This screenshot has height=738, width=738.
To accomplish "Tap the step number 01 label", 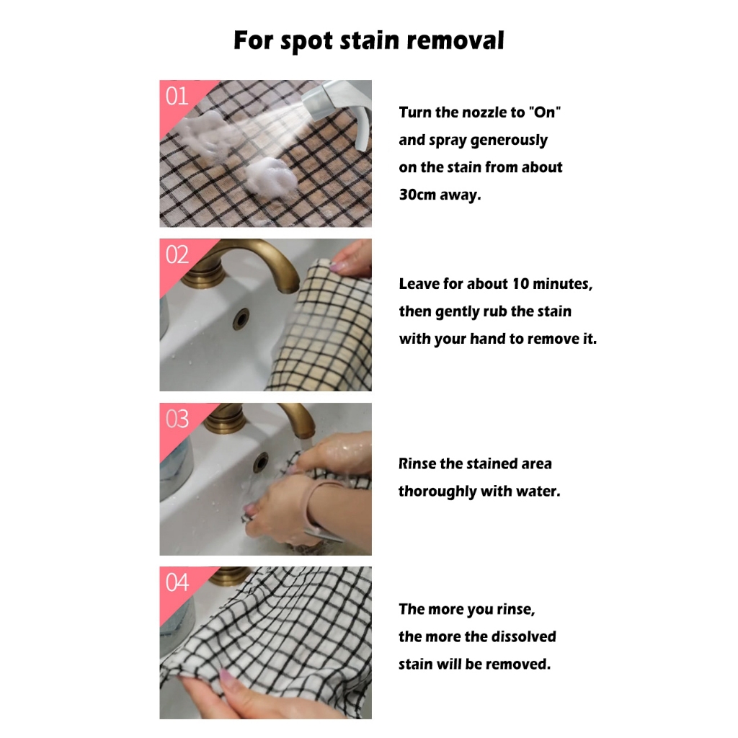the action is point(177,96).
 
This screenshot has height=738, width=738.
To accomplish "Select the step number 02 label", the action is point(177,254).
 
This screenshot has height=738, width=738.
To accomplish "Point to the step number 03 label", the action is point(177,419).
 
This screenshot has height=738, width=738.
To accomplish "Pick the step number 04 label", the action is point(177,582).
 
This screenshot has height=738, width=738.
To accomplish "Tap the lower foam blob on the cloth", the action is point(270,176).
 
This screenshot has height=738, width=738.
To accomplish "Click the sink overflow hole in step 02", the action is point(241,319).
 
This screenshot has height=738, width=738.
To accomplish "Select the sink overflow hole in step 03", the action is point(260,462).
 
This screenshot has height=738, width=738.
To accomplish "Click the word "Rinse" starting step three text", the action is point(417,464).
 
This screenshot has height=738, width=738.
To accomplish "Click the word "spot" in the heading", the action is point(306,41).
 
